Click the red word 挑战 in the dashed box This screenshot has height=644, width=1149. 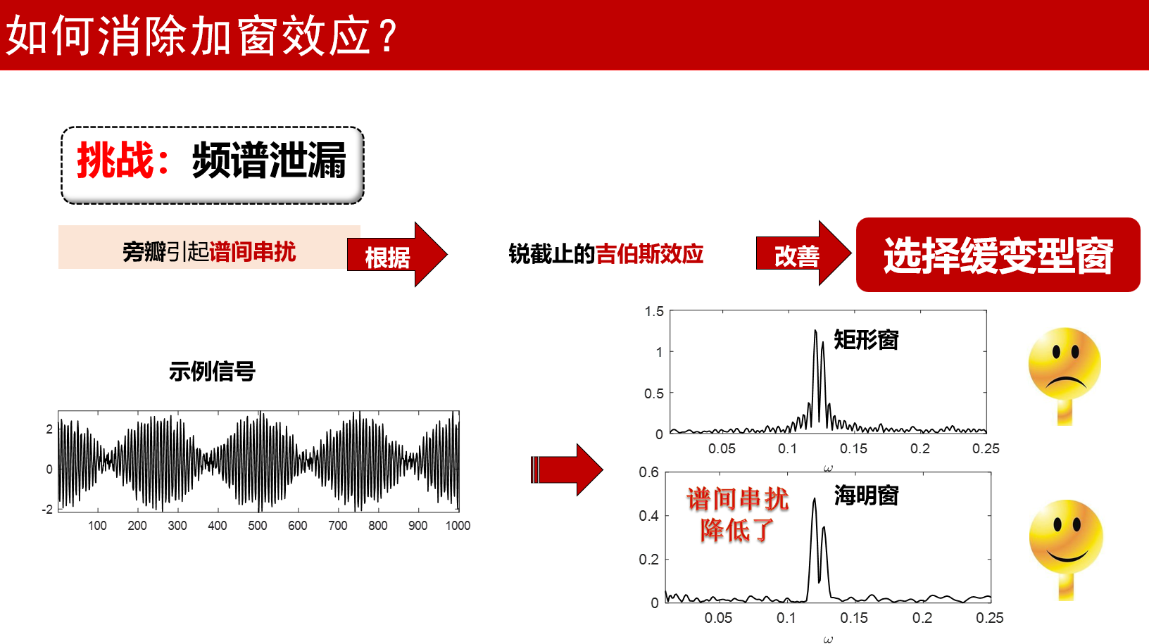pyautogui.click(x=115, y=160)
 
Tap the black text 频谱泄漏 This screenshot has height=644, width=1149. pyautogui.click(x=269, y=160)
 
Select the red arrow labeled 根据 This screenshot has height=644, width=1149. pyautogui.click(x=397, y=254)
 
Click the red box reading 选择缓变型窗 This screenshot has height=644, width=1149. pyautogui.click(x=998, y=255)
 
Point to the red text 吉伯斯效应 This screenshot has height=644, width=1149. pyautogui.click(x=649, y=254)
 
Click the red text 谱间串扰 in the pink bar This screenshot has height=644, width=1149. pyautogui.click(x=252, y=252)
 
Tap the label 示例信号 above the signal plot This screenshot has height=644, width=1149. pyautogui.click(x=213, y=371)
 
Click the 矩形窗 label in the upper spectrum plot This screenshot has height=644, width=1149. pyautogui.click(x=867, y=339)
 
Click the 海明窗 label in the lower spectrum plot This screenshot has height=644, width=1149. pyautogui.click(x=867, y=495)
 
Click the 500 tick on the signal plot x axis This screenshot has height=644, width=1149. pyautogui.click(x=258, y=526)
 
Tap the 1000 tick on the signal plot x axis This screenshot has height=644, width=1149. pyautogui.click(x=458, y=526)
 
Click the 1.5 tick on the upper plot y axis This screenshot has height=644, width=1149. pyautogui.click(x=654, y=311)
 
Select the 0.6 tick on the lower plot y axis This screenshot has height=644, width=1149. pyautogui.click(x=648, y=472)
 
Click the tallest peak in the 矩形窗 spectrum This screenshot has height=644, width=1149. pyautogui.click(x=815, y=332)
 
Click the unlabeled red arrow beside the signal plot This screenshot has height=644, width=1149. pyautogui.click(x=567, y=469)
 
